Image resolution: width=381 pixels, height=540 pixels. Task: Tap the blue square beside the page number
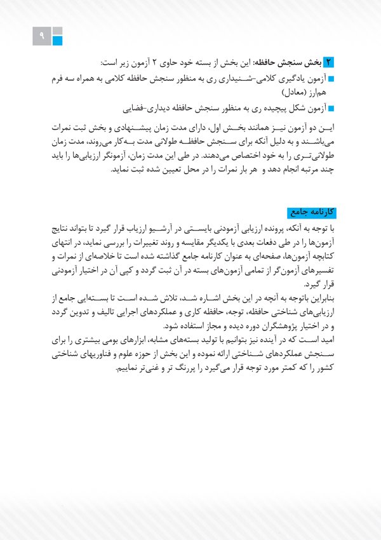(57, 41)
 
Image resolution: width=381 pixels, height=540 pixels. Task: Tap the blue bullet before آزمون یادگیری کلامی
(331, 80)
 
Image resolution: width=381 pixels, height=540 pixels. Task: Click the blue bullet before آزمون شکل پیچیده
(331, 108)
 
